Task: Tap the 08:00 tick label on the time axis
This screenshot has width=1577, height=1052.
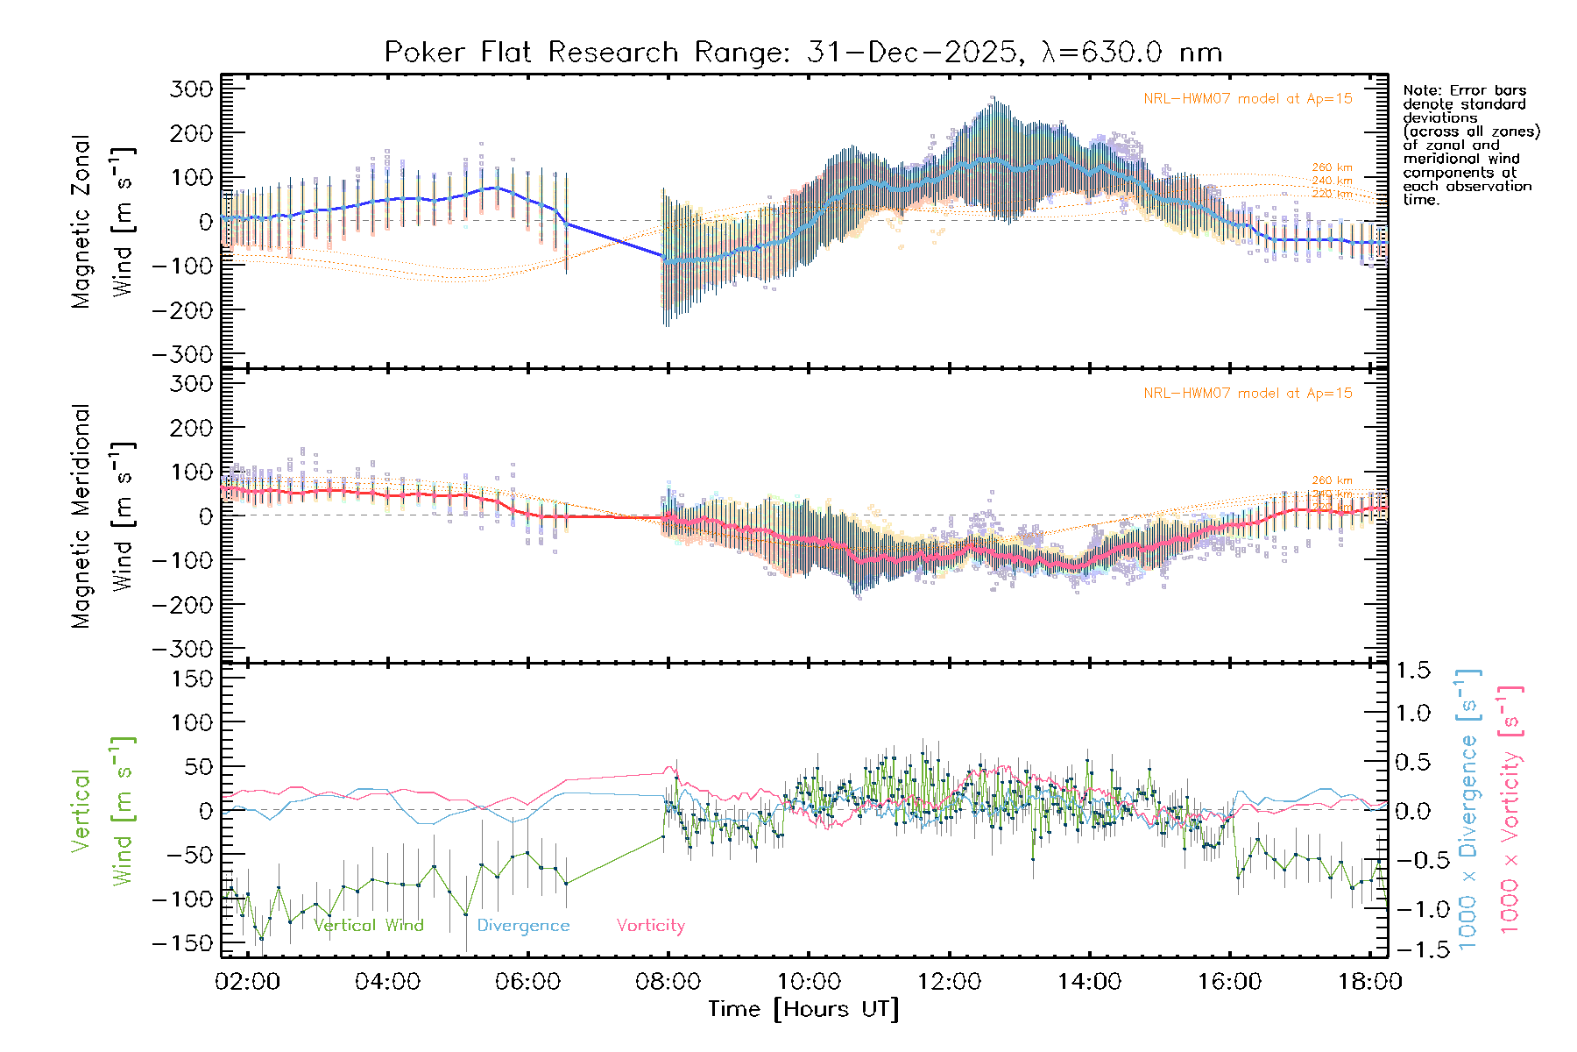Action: tap(668, 982)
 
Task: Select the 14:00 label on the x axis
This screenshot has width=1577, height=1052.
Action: tap(1089, 982)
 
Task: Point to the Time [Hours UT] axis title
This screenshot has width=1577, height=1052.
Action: tap(803, 1009)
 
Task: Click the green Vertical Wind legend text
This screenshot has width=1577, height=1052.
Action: tap(368, 926)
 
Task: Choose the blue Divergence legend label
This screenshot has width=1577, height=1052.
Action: tap(523, 926)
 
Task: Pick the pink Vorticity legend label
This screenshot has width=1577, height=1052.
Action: tap(650, 926)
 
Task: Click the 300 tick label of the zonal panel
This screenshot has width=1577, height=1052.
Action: tap(192, 89)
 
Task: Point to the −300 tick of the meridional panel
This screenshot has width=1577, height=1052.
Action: tap(183, 650)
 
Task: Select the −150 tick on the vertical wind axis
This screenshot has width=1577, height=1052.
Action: tap(183, 944)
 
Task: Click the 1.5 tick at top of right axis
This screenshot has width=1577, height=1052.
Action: tap(1413, 672)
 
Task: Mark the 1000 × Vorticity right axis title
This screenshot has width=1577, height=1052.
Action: tap(1510, 809)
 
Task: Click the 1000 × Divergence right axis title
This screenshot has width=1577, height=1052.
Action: tap(1468, 809)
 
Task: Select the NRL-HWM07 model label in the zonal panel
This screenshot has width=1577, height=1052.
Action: tap(1248, 99)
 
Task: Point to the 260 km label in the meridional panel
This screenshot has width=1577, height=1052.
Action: tap(1332, 480)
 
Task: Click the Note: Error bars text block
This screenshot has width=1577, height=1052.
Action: tap(1471, 145)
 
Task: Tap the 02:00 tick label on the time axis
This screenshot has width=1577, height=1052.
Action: tap(247, 982)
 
